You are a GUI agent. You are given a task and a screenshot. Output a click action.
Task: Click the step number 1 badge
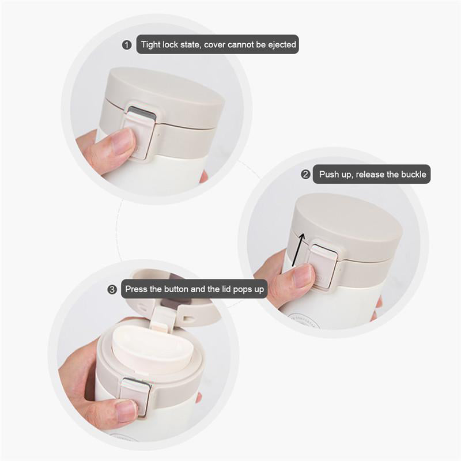(x=127, y=45)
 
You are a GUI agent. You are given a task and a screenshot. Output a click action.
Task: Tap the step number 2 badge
(x=305, y=175)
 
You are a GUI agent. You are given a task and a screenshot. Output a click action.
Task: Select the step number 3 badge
(x=112, y=290)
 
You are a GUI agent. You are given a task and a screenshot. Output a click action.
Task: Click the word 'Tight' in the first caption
(x=151, y=45)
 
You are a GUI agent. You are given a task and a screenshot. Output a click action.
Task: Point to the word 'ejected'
(x=282, y=45)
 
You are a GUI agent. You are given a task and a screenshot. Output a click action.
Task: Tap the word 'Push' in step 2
(x=329, y=175)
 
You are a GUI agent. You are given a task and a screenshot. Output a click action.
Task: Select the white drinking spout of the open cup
(x=153, y=346)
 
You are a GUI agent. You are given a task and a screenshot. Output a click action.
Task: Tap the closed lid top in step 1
(x=165, y=97)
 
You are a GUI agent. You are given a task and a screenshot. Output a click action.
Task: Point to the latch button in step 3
(x=136, y=395)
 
